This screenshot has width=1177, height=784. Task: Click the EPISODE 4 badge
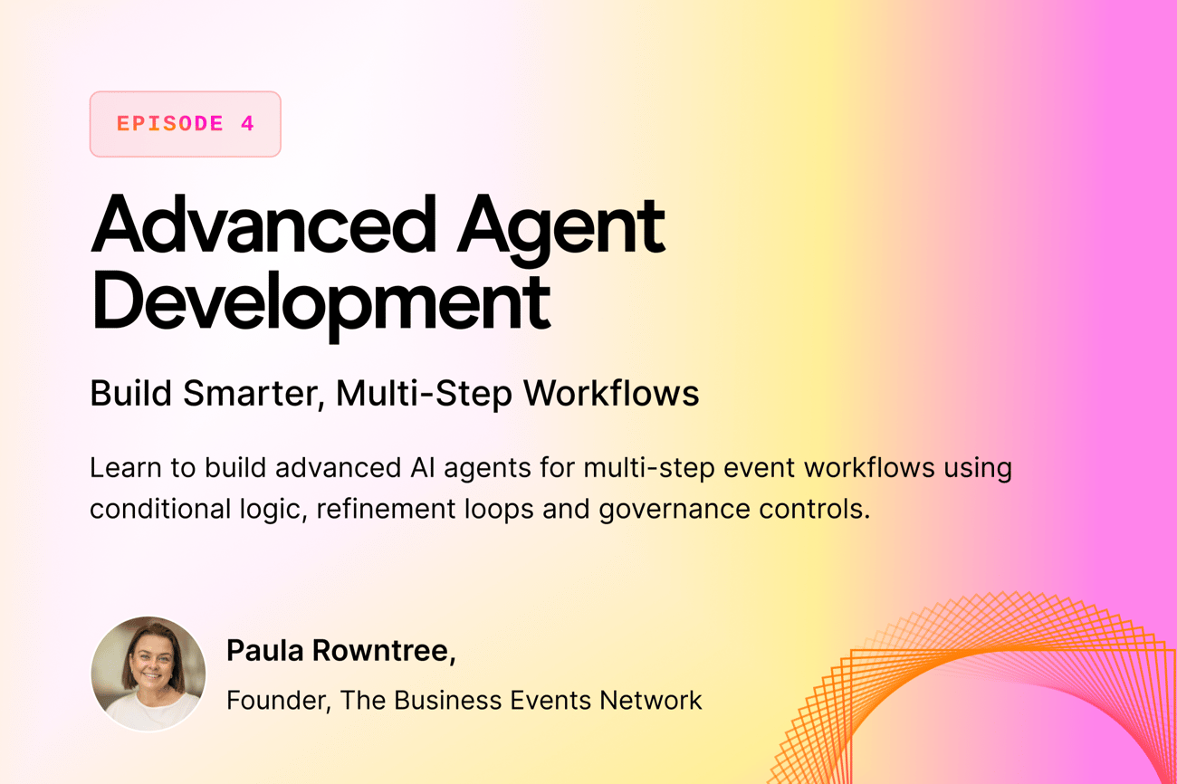click(x=185, y=124)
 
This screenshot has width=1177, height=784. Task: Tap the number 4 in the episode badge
click(x=247, y=124)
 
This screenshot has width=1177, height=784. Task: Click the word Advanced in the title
click(x=263, y=225)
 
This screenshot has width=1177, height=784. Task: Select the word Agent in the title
click(x=561, y=230)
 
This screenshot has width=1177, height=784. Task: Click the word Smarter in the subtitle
click(x=254, y=394)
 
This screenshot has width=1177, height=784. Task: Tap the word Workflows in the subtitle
click(x=611, y=393)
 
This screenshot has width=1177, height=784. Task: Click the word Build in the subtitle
click(x=131, y=393)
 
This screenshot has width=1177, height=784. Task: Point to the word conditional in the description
click(x=160, y=509)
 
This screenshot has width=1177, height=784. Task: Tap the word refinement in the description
click(x=386, y=509)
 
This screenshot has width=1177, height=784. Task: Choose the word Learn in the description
click(x=126, y=468)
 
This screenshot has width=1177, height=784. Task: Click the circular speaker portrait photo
click(x=148, y=674)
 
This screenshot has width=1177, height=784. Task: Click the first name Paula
click(x=265, y=651)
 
